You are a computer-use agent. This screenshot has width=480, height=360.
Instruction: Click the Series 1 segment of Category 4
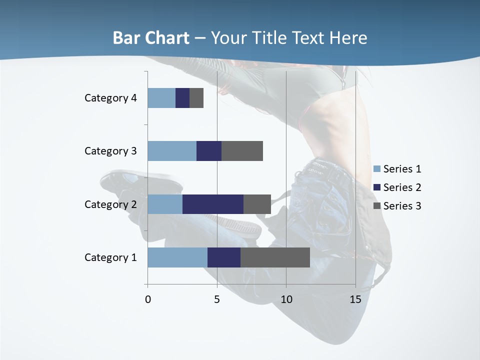tap(161, 98)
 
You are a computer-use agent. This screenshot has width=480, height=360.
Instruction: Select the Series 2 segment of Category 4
tap(182, 98)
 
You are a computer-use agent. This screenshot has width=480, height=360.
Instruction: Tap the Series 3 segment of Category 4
tap(196, 98)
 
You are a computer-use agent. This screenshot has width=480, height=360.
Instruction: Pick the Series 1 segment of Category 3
tap(172, 151)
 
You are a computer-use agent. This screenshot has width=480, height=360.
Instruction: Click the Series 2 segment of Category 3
tap(209, 151)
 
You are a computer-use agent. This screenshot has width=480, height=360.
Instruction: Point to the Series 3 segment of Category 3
tap(242, 151)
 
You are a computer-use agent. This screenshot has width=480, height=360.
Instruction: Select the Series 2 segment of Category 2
tap(213, 204)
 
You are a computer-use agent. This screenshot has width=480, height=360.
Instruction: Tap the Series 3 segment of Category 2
tap(257, 204)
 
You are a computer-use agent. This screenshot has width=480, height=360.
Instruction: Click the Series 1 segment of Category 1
tap(177, 257)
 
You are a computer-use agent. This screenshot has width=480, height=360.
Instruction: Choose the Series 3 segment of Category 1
tap(275, 257)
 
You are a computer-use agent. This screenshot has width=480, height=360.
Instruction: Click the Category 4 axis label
tap(110, 98)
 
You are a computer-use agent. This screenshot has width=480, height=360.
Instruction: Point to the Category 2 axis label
tap(110, 204)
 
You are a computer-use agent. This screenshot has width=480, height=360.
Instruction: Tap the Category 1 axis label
tap(110, 257)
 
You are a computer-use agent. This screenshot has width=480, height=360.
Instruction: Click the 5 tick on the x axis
tap(217, 299)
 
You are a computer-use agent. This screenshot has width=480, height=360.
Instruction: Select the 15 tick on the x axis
tap(355, 299)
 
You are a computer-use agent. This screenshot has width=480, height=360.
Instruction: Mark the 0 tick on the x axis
tap(148, 299)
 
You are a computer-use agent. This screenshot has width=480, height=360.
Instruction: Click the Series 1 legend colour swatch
tap(377, 169)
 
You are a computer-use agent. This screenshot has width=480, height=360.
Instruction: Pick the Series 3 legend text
tap(402, 206)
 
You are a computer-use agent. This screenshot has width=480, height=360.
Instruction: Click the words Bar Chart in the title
tap(151, 38)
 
